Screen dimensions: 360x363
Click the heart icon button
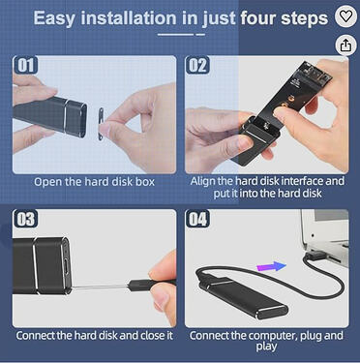345,16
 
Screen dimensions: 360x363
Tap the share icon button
345,45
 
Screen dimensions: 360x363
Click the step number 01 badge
25,65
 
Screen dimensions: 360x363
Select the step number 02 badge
197,65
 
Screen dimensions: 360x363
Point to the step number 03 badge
25,219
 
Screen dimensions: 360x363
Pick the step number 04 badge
197,219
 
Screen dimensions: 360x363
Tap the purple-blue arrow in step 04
271,267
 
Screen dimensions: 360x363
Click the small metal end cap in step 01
101,124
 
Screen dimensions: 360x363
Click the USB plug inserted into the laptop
315,255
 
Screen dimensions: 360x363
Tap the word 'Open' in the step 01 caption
48,182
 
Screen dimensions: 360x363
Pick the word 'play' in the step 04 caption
266,347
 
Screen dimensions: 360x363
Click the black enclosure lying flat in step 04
244,297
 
